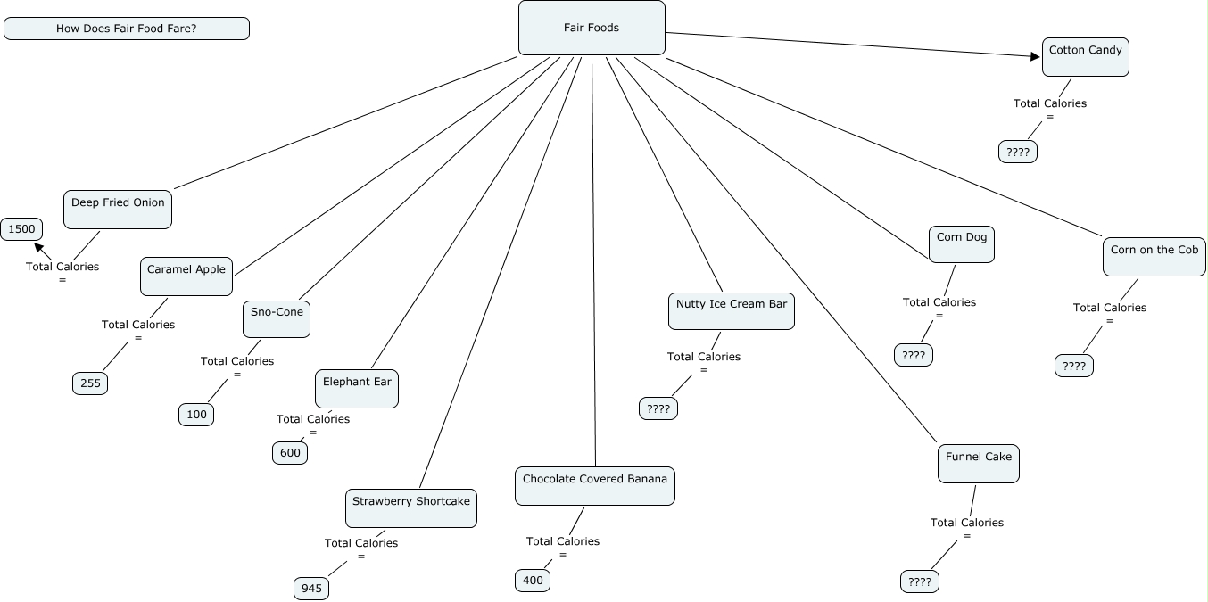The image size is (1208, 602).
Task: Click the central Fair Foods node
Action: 592,28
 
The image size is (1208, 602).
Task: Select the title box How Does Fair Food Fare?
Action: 127,29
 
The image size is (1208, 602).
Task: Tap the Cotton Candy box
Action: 1085,57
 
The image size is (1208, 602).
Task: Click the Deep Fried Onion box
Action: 118,209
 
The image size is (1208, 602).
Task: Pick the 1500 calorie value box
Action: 21,229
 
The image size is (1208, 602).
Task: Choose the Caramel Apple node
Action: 186,276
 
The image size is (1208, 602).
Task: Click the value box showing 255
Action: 90,383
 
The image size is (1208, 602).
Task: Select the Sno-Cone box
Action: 277,318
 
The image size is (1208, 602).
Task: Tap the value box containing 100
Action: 196,414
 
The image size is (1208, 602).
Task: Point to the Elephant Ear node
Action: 357,388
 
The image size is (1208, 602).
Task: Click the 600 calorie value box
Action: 290,452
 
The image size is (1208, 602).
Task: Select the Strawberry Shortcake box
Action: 410,507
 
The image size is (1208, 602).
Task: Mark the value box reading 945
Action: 311,589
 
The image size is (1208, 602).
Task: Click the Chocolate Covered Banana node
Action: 595,485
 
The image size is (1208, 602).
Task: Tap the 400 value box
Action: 533,581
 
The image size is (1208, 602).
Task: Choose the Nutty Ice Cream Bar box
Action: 732,310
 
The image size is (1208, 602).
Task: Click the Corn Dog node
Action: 962,243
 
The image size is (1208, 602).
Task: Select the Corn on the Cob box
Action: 1154,256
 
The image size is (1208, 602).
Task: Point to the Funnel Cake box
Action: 979,463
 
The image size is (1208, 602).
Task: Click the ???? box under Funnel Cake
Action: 920,582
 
